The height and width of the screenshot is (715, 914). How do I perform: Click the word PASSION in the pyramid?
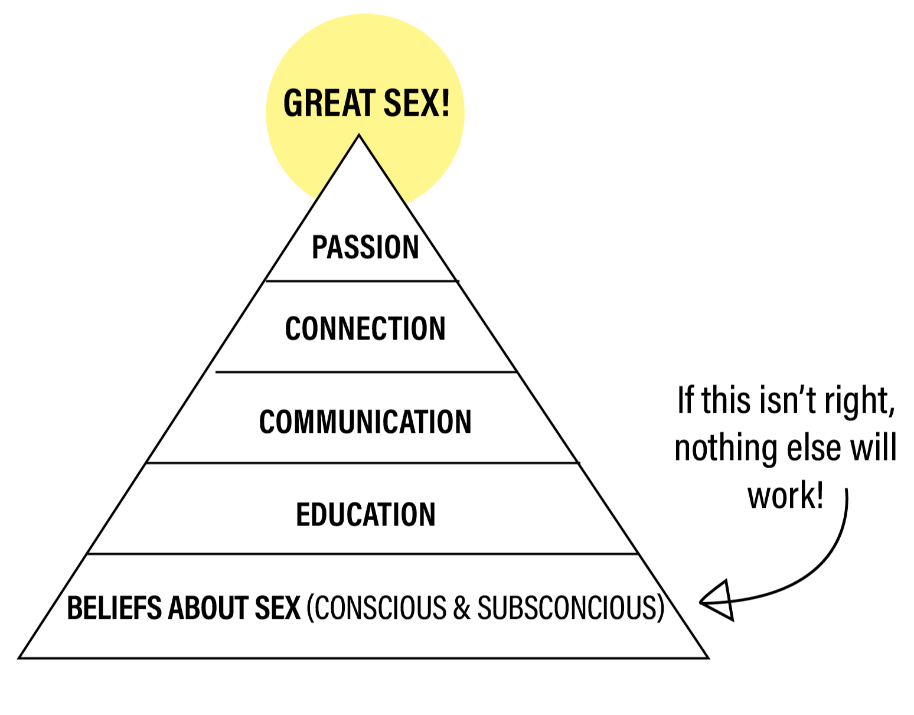365,247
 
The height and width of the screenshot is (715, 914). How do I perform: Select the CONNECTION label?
365,329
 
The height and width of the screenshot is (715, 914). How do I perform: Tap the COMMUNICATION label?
365,422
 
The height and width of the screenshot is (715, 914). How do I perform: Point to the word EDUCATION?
365,514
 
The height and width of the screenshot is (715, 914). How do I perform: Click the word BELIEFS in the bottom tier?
114,608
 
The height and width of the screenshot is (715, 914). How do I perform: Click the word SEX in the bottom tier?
278,608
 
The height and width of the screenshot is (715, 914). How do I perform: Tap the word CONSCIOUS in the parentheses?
381,608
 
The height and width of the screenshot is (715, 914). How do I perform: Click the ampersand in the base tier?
461,608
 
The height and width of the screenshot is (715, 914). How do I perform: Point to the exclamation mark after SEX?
443,103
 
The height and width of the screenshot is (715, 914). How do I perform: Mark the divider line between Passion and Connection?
361,281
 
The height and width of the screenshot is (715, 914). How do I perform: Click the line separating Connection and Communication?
365,372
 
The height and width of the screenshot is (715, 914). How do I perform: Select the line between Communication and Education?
361,463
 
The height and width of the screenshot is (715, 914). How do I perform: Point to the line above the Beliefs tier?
363,554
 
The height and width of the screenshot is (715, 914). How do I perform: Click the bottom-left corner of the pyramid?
23,655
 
